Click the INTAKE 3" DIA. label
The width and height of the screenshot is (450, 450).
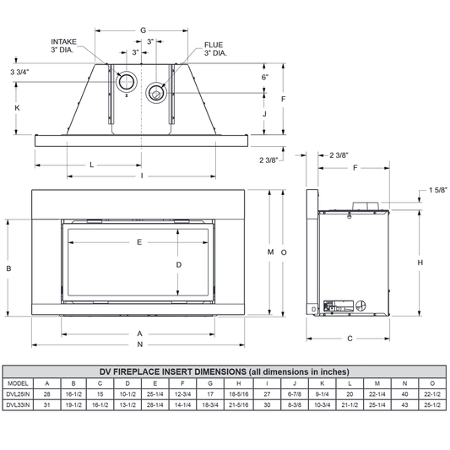click(x=63, y=46)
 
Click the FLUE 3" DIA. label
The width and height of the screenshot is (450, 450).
click(x=215, y=49)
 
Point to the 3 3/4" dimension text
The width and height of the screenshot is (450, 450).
click(x=19, y=72)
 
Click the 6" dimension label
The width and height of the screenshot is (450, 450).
click(x=265, y=77)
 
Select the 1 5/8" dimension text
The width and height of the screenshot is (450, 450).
click(x=438, y=190)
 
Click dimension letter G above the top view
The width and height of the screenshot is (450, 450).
click(x=143, y=30)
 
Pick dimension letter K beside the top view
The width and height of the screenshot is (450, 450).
click(x=17, y=107)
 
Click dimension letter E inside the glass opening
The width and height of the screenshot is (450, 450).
click(x=139, y=242)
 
